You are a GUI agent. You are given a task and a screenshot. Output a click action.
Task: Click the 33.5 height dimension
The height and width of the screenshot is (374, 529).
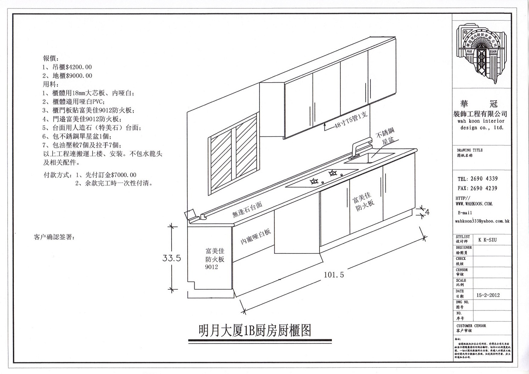pos(172,258)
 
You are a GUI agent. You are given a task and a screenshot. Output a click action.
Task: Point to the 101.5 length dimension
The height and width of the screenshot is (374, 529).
pos(334,274)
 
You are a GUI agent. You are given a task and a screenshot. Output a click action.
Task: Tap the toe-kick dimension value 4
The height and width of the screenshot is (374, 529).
pos(427,212)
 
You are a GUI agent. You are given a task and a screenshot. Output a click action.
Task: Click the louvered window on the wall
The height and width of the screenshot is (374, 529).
pos(233,154)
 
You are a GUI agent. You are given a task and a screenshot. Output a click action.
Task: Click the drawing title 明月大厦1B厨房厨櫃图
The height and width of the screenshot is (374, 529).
pos(255,330)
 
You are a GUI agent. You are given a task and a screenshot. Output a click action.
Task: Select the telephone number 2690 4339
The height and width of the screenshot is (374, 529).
pos(484,179)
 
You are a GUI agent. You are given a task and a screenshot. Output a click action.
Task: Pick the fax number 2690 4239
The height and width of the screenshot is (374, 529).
pos(484,188)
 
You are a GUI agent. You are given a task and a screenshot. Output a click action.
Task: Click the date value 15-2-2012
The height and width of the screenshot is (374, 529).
pos(488,295)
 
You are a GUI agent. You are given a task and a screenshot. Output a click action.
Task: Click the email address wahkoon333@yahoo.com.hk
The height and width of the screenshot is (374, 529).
pos(482,221)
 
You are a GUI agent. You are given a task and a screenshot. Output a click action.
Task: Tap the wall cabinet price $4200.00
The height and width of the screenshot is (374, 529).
pos(79,67)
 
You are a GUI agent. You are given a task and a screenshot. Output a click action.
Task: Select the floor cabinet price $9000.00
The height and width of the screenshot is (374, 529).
pos(79,76)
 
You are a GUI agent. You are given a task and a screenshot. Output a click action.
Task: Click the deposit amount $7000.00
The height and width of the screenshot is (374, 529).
pos(123,175)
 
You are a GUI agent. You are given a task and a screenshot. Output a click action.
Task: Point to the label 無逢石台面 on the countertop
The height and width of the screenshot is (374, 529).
pos(247,209)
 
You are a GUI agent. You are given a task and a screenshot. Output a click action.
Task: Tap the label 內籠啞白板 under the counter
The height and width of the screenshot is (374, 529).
pos(256,236)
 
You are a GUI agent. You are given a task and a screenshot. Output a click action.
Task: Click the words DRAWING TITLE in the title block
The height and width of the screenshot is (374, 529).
pos(469,150)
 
